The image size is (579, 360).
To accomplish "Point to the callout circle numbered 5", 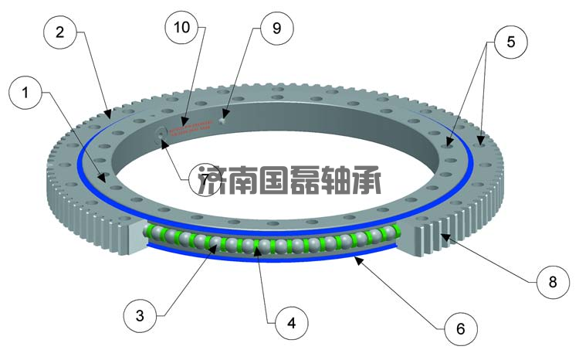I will [x=509, y=43].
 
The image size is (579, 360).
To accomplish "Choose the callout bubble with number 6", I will [x=461, y=328].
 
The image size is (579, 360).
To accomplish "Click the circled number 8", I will [x=553, y=281].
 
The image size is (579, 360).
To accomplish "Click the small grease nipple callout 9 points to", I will [x=223, y=118].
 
